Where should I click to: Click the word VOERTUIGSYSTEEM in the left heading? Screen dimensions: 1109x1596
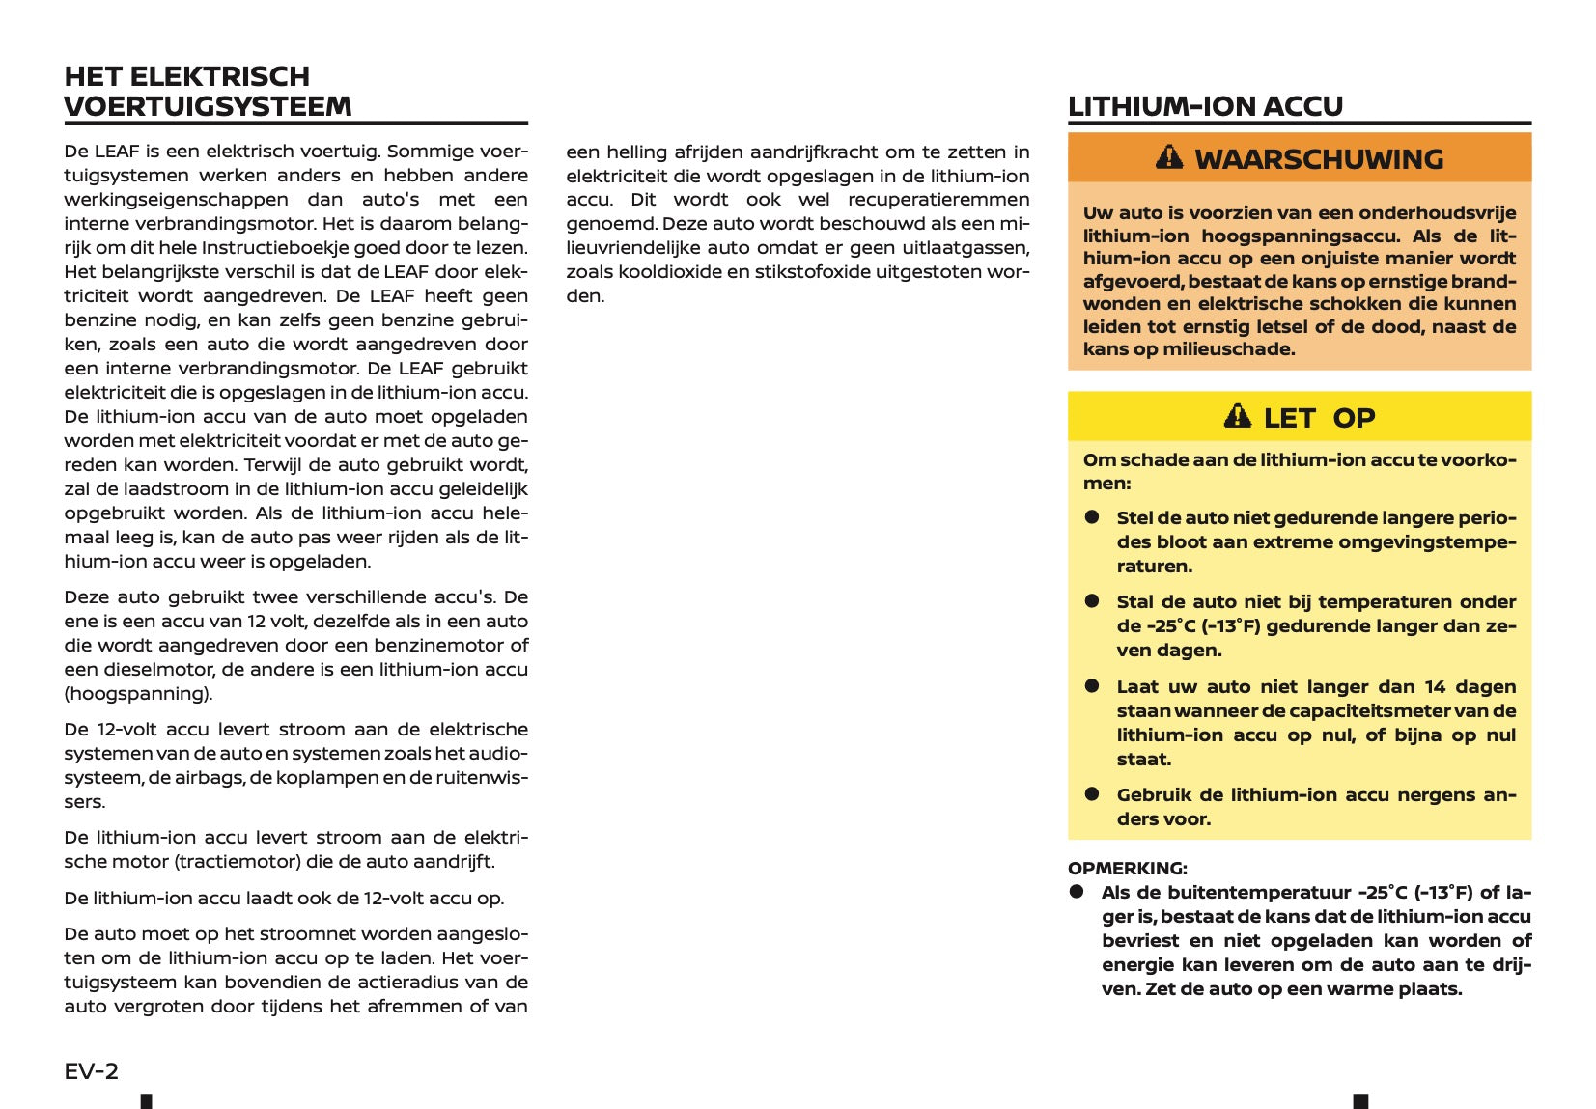pyautogui.click(x=208, y=106)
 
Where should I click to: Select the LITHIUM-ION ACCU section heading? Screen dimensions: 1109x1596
pyautogui.click(x=1205, y=106)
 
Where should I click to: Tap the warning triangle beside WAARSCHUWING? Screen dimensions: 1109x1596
pyautogui.click(x=1169, y=157)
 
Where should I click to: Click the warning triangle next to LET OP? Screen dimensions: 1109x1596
pyautogui.click(x=1237, y=417)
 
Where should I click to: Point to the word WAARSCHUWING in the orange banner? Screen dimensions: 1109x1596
pyautogui.click(x=1319, y=159)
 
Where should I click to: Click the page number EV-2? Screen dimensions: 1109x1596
pyautogui.click(x=92, y=1070)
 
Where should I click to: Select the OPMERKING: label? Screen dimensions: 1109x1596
pyautogui.click(x=1127, y=868)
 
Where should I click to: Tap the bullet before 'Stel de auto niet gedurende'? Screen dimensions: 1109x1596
pyautogui.click(x=1092, y=517)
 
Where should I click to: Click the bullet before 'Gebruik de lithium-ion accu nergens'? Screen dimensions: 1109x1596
pyautogui.click(x=1092, y=794)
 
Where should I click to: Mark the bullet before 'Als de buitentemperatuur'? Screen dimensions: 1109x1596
pyautogui.click(x=1077, y=892)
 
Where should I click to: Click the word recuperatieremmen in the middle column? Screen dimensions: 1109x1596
pyautogui.click(x=938, y=200)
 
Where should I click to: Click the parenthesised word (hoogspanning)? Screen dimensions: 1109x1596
pyautogui.click(x=138, y=694)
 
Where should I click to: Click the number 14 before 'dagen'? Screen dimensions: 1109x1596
pyautogui.click(x=1435, y=687)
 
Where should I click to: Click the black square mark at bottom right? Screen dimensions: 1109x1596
pyautogui.click(x=1360, y=1101)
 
